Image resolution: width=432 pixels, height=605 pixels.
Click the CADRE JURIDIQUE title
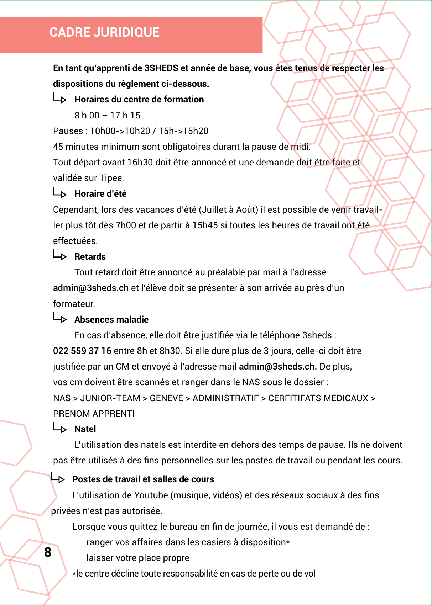[104, 32]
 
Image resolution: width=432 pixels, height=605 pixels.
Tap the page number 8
[48, 552]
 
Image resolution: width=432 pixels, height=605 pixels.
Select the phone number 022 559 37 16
[82, 351]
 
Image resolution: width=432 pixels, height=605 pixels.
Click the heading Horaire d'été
[100, 194]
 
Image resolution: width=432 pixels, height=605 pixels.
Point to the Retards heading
[90, 257]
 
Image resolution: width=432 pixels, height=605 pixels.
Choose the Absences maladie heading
[111, 320]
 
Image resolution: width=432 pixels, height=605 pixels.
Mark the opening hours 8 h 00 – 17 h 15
[108, 116]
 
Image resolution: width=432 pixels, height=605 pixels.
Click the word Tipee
[111, 178]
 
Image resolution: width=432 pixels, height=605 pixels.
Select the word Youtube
[151, 495]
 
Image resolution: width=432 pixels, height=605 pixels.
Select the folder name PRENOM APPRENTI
[94, 414]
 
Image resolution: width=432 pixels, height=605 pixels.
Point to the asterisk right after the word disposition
[288, 542]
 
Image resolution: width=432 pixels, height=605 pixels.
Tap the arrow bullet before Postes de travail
[58, 478]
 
